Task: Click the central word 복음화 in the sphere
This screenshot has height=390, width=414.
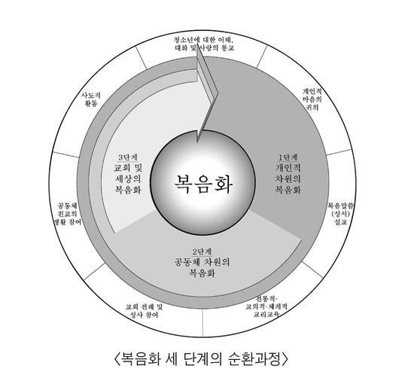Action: click(203, 184)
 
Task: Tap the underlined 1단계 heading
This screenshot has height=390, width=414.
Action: click(288, 157)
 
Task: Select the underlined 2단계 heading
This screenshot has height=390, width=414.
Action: click(202, 251)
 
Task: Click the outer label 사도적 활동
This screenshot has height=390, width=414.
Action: click(90, 99)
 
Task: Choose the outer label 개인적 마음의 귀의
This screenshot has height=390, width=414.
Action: click(312, 99)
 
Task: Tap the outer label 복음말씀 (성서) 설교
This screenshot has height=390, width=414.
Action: click(340, 214)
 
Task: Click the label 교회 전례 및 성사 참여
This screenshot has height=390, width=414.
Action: click(145, 311)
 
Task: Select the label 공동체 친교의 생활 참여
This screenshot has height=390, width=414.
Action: click(67, 214)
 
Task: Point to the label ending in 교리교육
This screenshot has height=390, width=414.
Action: click(266, 306)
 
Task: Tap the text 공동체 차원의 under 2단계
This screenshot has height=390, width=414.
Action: click(202, 262)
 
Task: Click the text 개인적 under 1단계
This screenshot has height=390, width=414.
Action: click(288, 168)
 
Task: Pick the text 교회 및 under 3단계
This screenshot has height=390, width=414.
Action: click(128, 168)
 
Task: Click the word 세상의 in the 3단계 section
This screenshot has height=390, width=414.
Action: click(128, 178)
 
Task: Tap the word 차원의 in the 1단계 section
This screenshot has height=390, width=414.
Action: click(288, 178)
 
